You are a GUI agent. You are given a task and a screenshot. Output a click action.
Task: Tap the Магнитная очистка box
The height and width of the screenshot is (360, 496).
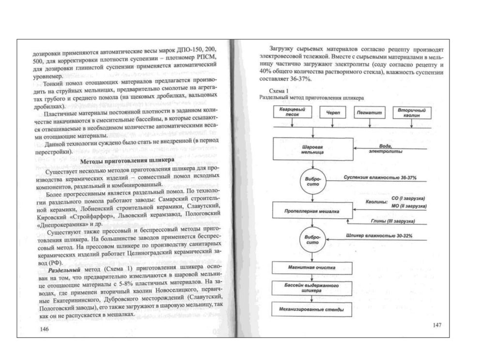pyautogui.click(x=312, y=267)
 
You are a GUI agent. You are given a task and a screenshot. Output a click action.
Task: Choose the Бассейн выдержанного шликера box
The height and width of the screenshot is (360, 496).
pyautogui.click(x=312, y=289)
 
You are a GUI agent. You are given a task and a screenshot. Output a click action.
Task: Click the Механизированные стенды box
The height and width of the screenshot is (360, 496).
pyautogui.click(x=312, y=309)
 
